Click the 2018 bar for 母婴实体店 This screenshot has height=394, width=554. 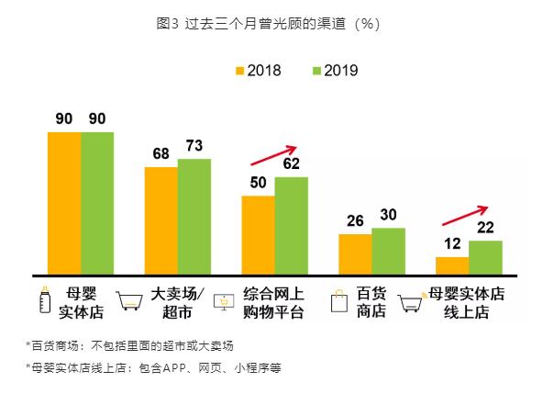pos(64,202)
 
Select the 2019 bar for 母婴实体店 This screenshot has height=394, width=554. pos(97,202)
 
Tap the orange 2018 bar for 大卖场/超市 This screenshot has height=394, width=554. pos(161,220)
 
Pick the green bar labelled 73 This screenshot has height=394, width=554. pos(194,216)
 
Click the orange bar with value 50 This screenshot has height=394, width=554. pos(258,234)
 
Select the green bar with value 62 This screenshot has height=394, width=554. pos(292,225)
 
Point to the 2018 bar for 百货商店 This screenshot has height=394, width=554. pos(355,253)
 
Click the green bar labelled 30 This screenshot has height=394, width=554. pos(388,250)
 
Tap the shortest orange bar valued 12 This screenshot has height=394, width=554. pos(452,265)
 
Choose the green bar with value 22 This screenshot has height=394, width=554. pos(485,256)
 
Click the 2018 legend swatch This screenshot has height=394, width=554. pos(241,71)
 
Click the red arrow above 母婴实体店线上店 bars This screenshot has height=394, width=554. pos(467,213)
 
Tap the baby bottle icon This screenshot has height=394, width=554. pos(43,301)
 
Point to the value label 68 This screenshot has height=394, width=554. pos(161,154)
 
